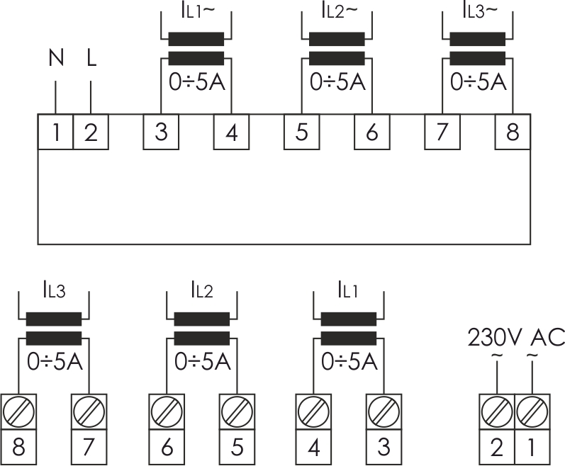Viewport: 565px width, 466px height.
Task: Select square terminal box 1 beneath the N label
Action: coord(55,132)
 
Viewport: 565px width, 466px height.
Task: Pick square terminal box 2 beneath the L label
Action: coord(91,132)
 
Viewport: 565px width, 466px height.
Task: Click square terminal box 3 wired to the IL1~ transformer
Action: coord(161,132)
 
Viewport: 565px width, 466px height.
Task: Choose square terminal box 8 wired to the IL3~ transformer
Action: coord(513,132)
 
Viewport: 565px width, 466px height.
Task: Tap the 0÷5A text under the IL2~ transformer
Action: coord(337,82)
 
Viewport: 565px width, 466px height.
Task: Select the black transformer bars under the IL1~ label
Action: coord(196,48)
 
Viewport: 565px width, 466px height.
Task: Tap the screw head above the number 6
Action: coord(167,409)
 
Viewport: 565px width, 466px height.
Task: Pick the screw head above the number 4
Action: coord(313,409)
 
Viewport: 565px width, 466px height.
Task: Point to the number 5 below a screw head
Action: coord(236,448)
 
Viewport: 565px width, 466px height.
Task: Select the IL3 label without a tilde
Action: coord(54,289)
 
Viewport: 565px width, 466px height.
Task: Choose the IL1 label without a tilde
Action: coord(347,289)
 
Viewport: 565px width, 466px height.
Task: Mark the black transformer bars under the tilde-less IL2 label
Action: coord(201,327)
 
